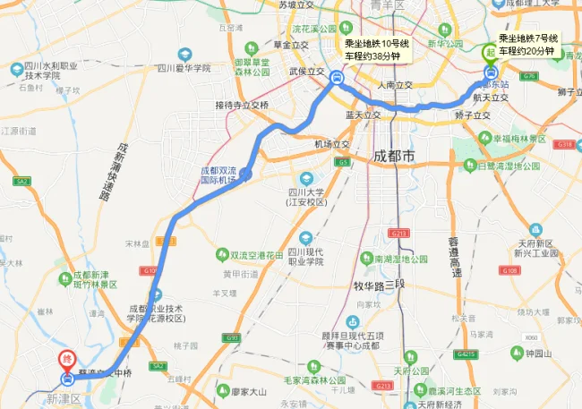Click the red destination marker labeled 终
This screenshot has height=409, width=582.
click(x=65, y=360)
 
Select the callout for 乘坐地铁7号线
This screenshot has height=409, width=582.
click(x=528, y=44)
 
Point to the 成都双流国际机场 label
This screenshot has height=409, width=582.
click(x=218, y=175)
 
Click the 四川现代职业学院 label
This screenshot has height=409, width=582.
click(x=323, y=256)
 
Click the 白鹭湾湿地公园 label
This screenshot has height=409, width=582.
click(x=510, y=166)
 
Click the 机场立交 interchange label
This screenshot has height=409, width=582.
click(x=330, y=144)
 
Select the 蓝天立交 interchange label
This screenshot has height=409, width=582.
click(x=363, y=115)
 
